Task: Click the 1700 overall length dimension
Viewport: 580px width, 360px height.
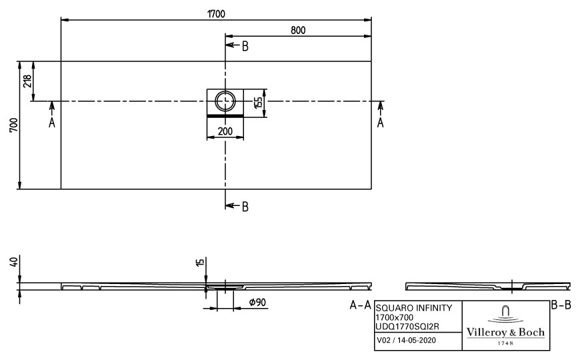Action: (x=216, y=14)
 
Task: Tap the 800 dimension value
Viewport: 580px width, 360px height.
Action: (x=298, y=31)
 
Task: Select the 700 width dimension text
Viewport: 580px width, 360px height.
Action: (x=13, y=125)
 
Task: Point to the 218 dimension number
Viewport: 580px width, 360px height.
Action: (x=27, y=81)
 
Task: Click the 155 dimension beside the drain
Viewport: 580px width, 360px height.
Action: (x=259, y=103)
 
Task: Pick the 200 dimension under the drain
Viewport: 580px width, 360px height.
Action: (x=225, y=131)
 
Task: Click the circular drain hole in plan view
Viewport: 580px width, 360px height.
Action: (x=225, y=101)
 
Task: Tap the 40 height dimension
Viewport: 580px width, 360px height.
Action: (x=14, y=262)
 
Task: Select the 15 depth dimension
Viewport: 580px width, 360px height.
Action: (x=200, y=262)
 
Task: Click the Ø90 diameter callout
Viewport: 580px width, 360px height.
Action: (x=257, y=303)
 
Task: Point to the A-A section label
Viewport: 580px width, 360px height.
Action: (x=360, y=305)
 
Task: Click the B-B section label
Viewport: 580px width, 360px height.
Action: (x=561, y=305)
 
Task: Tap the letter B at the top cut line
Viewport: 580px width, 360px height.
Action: (x=245, y=47)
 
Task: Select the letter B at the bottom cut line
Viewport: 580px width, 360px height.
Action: (x=245, y=207)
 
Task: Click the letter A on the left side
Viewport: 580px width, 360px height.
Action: (x=52, y=123)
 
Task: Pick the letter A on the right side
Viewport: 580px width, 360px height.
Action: (x=380, y=123)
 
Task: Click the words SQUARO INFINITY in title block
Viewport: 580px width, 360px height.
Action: (x=414, y=308)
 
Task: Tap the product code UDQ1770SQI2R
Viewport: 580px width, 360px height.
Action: (x=407, y=327)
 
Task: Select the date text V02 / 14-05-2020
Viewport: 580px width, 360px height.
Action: (x=406, y=340)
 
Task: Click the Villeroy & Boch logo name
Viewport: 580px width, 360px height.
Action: (x=505, y=332)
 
